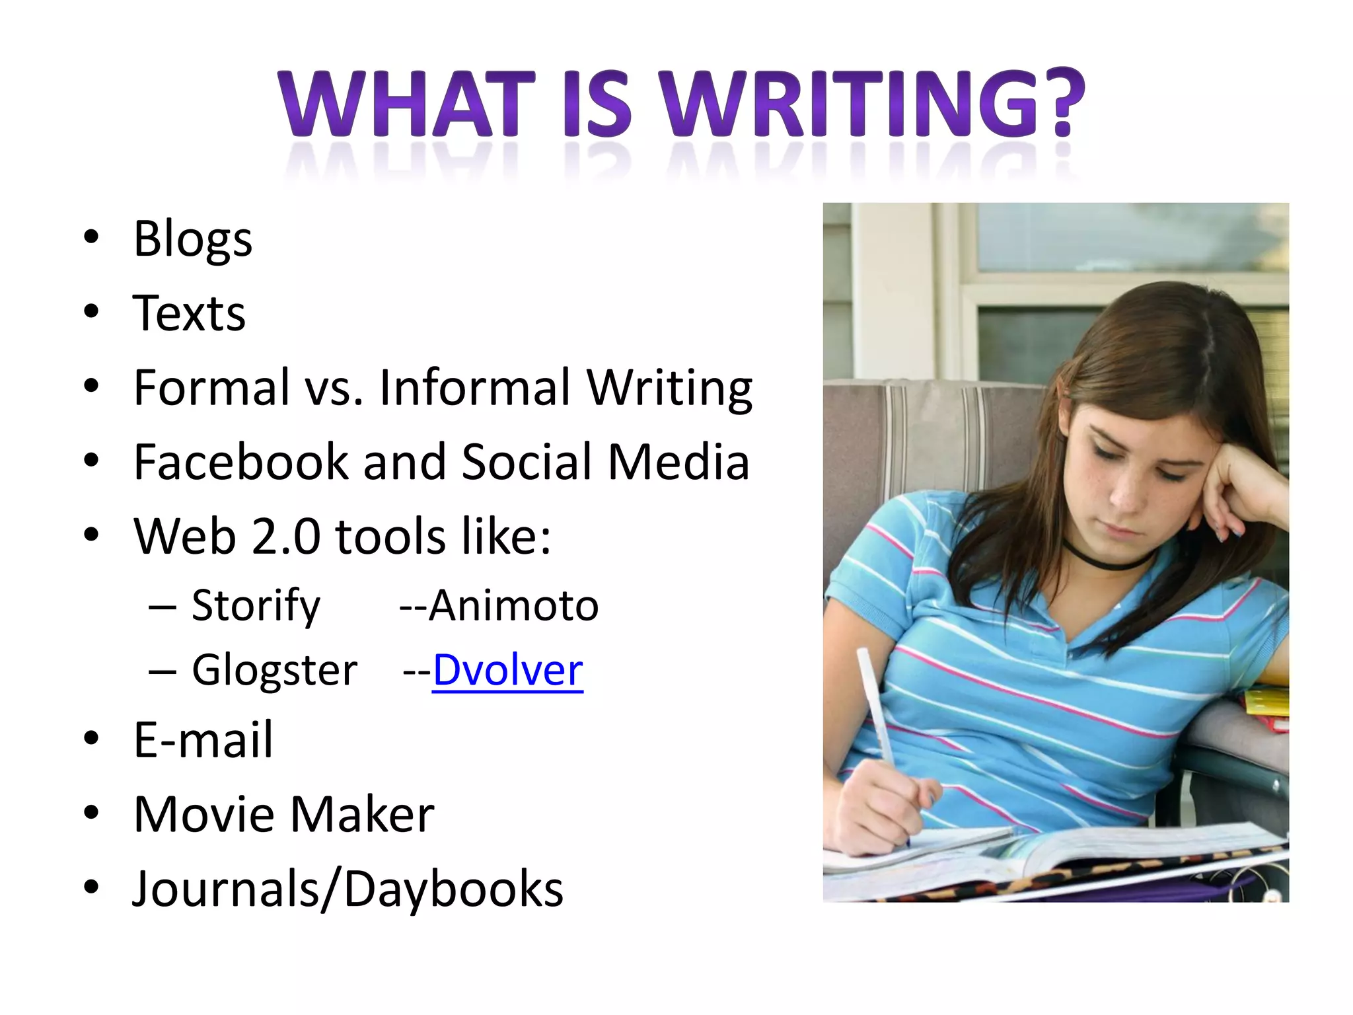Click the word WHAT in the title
pyautogui.click(x=406, y=104)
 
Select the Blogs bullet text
pyautogui.click(x=193, y=239)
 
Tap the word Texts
pyautogui.click(x=189, y=313)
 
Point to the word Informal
pyautogui.click(x=474, y=387)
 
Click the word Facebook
pyautogui.click(x=240, y=461)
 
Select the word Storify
pyautogui.click(x=256, y=605)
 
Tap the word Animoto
pyautogui.click(x=513, y=605)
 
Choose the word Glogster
pyautogui.click(x=274, y=670)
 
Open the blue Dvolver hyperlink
pyautogui.click(x=507, y=670)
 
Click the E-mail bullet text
pyautogui.click(x=203, y=739)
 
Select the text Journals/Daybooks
pyautogui.click(x=347, y=889)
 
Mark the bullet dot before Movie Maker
pyautogui.click(x=91, y=813)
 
